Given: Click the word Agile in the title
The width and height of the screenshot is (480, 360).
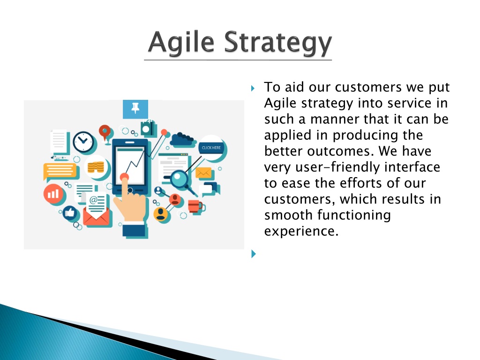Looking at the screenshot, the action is pyautogui.click(x=181, y=42).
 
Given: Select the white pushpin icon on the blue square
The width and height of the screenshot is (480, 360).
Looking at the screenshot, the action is pyautogui.click(x=135, y=108).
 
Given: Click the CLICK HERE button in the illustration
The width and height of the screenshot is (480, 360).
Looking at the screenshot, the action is pyautogui.click(x=211, y=148).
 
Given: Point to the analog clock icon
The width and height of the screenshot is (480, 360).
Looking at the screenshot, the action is pyautogui.click(x=83, y=142).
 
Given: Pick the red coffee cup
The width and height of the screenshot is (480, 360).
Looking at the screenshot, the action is pyautogui.click(x=195, y=206).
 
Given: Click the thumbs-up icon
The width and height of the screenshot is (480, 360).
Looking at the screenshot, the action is pyautogui.click(x=70, y=212).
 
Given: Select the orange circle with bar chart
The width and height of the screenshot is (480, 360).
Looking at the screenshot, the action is pyautogui.click(x=53, y=194).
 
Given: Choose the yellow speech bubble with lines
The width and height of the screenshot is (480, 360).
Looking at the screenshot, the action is pyautogui.click(x=60, y=171).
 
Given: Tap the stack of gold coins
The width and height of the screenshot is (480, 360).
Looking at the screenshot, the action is pyautogui.click(x=96, y=167).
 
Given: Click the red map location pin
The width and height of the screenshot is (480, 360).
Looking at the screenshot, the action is pyautogui.click(x=105, y=132).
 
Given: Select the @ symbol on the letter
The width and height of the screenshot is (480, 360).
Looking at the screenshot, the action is pyautogui.click(x=93, y=200).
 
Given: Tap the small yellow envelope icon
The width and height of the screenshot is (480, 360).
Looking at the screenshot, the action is pyautogui.click(x=203, y=172).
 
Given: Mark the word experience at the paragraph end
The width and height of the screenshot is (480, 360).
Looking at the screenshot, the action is pyautogui.click(x=301, y=231).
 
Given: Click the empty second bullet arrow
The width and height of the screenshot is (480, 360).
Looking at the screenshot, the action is pyautogui.click(x=254, y=254).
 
